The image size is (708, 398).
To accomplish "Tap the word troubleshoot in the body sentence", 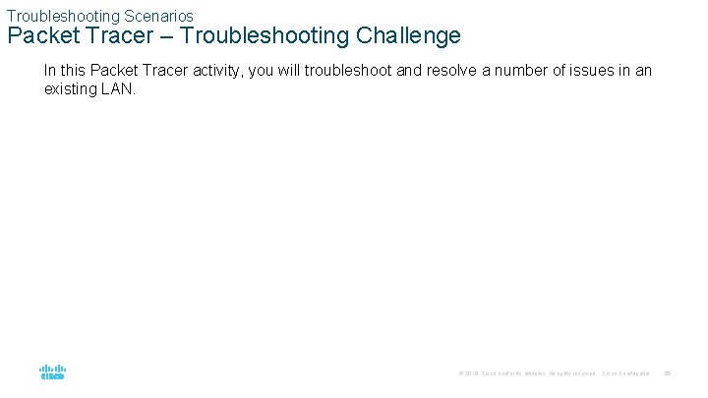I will (357, 71).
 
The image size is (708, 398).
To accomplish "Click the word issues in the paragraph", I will (607, 71).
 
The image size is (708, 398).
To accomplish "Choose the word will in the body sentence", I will (302, 71).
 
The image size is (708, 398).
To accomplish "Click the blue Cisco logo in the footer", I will (52, 373).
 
